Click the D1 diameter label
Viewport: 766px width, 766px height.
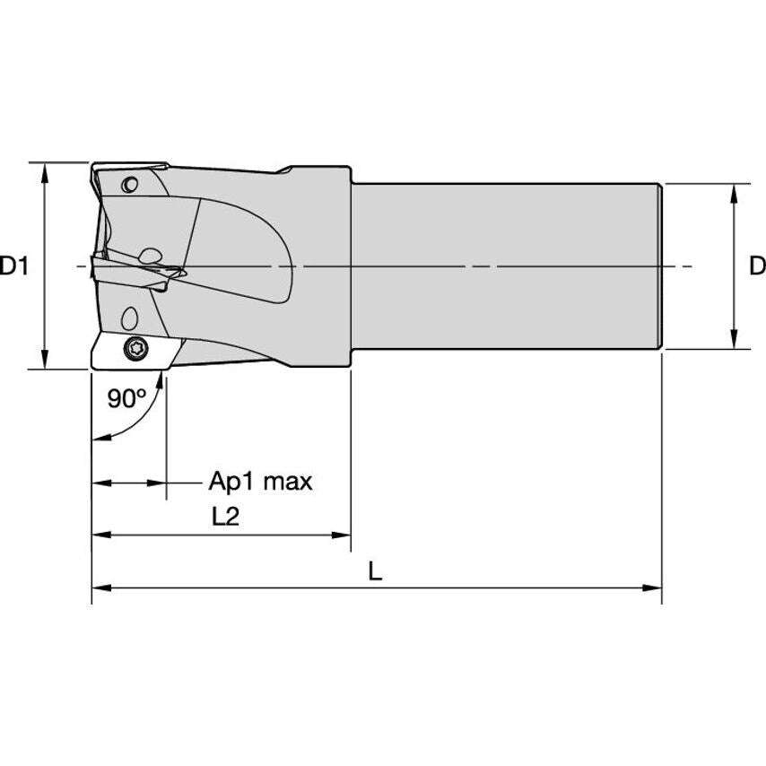(x=15, y=266)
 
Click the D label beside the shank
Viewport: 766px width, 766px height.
(x=756, y=266)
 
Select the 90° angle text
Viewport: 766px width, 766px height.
(x=126, y=398)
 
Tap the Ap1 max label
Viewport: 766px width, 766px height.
(x=260, y=482)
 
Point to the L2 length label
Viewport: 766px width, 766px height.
(x=226, y=517)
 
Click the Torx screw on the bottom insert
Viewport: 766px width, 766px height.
(x=136, y=347)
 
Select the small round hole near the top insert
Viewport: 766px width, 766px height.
(x=129, y=186)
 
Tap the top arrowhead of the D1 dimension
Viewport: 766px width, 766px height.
(x=44, y=170)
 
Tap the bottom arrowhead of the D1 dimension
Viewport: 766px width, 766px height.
(x=44, y=361)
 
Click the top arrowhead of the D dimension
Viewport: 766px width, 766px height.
(x=735, y=192)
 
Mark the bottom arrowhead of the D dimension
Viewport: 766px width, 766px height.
(x=735, y=341)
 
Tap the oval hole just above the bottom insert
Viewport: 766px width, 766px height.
(x=128, y=317)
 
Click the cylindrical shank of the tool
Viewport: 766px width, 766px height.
(x=507, y=266)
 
